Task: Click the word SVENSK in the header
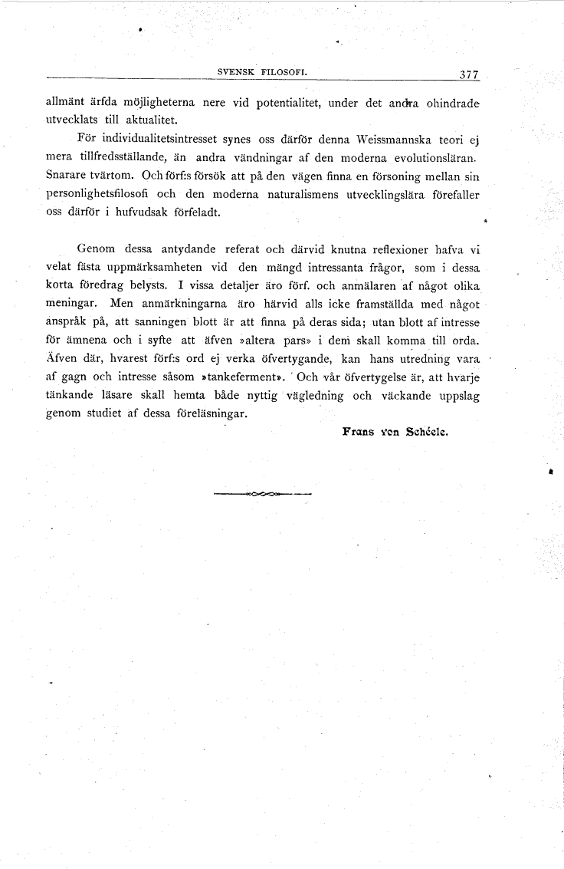coord(238,74)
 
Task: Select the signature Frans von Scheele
coord(395,431)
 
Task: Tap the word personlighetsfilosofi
coord(95,195)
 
